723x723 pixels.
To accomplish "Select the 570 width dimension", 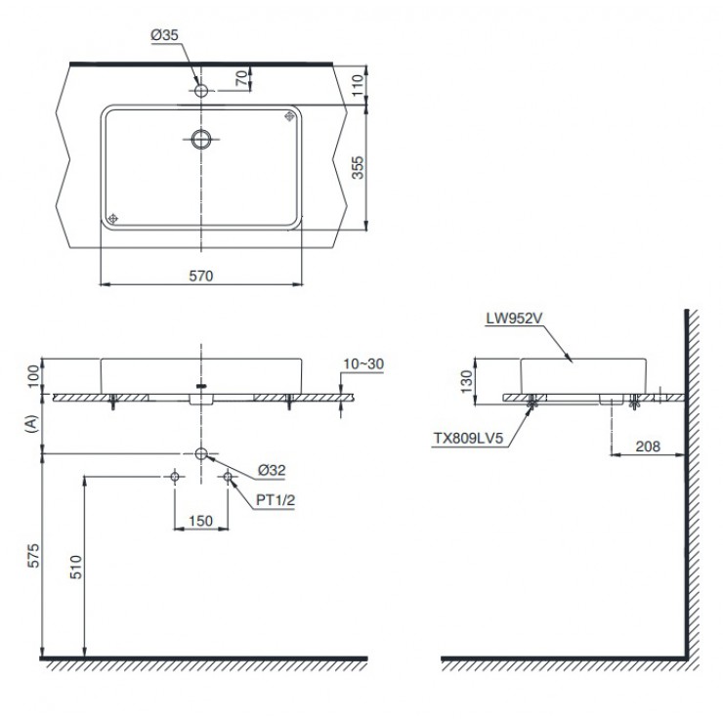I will [200, 276].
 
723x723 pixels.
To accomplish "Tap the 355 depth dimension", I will [359, 168].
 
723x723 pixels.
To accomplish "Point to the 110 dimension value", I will [359, 84].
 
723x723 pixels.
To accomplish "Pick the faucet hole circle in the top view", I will [201, 91].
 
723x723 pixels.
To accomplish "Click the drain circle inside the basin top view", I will [201, 138].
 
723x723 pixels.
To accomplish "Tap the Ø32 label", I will [273, 470].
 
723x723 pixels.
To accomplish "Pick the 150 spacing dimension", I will [200, 522].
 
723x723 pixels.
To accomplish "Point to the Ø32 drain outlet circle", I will [201, 454].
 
